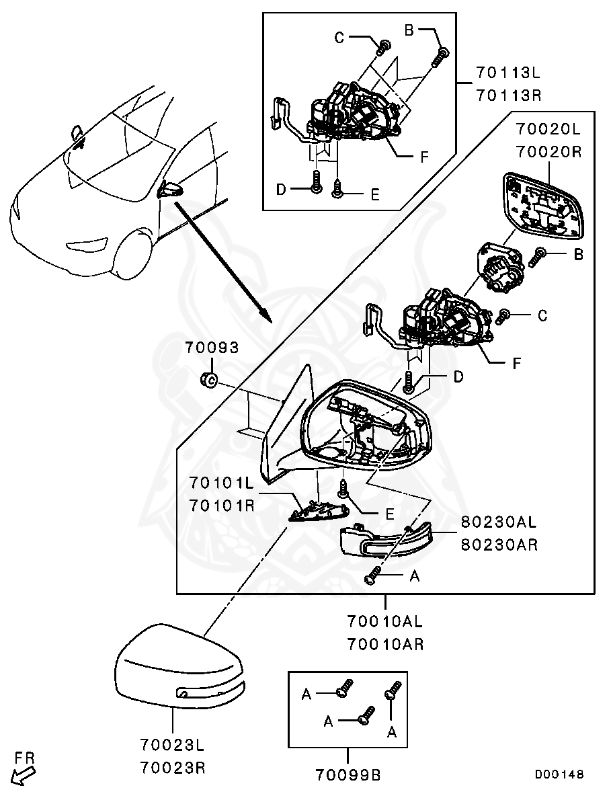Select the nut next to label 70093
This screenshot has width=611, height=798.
tap(208, 381)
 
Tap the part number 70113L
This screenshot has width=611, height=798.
tap(508, 73)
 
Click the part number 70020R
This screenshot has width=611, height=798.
tap(549, 152)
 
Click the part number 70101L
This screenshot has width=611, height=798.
tap(221, 483)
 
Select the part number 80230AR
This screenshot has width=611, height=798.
tap(499, 545)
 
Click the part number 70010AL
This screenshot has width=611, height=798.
tap(385, 621)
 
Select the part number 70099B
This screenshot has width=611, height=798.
tap(348, 775)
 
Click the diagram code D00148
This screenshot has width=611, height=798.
tap(559, 774)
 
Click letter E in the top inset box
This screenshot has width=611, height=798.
tap(374, 194)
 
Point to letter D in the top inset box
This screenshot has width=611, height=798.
tap(281, 190)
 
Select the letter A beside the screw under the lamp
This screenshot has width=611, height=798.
tap(414, 576)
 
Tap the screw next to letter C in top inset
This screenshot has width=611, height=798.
tap(384, 46)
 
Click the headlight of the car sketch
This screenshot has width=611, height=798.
tap(89, 243)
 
